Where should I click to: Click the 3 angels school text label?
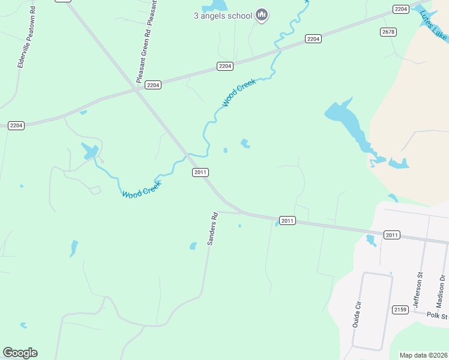click(222, 16)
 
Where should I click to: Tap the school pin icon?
click(261, 15)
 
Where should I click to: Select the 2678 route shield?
click(388, 32)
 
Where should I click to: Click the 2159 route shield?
click(400, 310)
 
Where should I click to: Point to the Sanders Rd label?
click(212, 229)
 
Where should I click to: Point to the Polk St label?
click(438, 316)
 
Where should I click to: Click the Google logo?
click(20, 353)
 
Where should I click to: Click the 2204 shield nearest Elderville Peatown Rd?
click(16, 125)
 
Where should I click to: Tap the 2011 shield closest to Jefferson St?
click(391, 235)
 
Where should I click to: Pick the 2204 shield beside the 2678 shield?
click(401, 9)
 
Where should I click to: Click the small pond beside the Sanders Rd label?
click(193, 245)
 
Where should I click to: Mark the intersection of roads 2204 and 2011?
click(139, 91)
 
